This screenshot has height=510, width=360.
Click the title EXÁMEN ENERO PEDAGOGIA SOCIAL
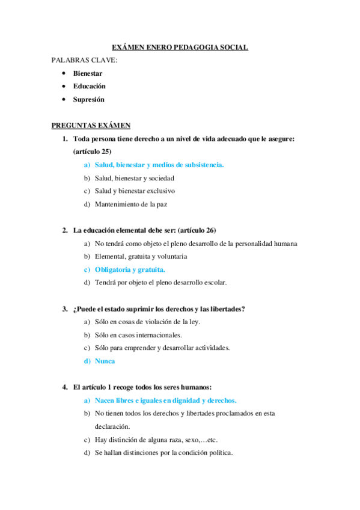coord(180,48)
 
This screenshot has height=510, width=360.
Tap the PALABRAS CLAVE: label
coord(84,60)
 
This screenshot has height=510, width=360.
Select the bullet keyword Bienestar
coord(88,73)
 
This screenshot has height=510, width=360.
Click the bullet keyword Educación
coord(89,86)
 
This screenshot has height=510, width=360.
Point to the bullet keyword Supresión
coord(88,99)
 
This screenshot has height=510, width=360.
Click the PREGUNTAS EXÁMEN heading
coord(91,125)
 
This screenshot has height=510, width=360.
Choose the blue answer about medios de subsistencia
coord(159,165)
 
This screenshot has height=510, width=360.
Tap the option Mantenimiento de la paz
coord(130,204)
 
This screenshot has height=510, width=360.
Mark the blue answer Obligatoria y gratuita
coord(130,269)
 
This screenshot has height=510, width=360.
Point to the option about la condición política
coord(163,452)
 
